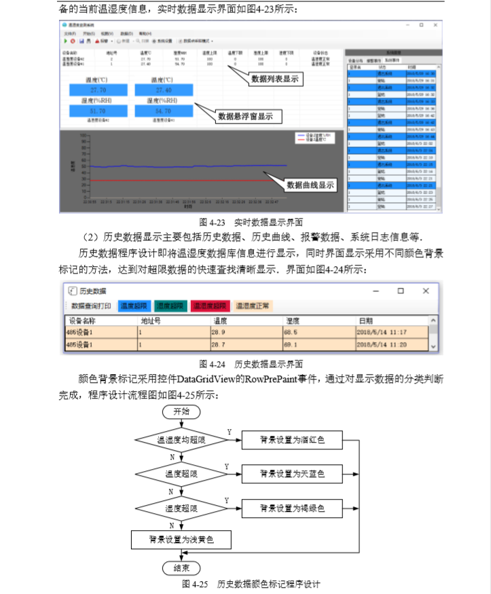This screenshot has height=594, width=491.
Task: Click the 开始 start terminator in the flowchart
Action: point(181,411)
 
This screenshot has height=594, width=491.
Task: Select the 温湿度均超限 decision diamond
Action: point(181,441)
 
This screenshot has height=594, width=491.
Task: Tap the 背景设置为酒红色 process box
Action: point(292,440)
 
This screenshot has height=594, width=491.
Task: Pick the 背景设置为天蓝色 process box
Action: point(292,472)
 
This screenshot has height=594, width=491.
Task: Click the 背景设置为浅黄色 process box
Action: point(181,540)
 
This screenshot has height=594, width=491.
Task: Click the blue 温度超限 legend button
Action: point(134,306)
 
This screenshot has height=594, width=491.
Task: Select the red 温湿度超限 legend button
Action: point(211,306)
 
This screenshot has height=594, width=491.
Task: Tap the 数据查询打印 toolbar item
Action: point(91,306)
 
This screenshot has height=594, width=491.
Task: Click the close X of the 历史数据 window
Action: point(426,291)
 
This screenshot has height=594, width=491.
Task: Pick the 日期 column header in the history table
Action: point(367,320)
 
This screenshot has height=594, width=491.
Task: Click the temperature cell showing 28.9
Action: point(219,333)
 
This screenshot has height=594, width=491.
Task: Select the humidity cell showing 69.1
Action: point(291,345)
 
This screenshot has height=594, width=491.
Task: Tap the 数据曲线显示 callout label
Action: point(310,185)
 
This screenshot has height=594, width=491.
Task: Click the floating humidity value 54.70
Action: point(162,111)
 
